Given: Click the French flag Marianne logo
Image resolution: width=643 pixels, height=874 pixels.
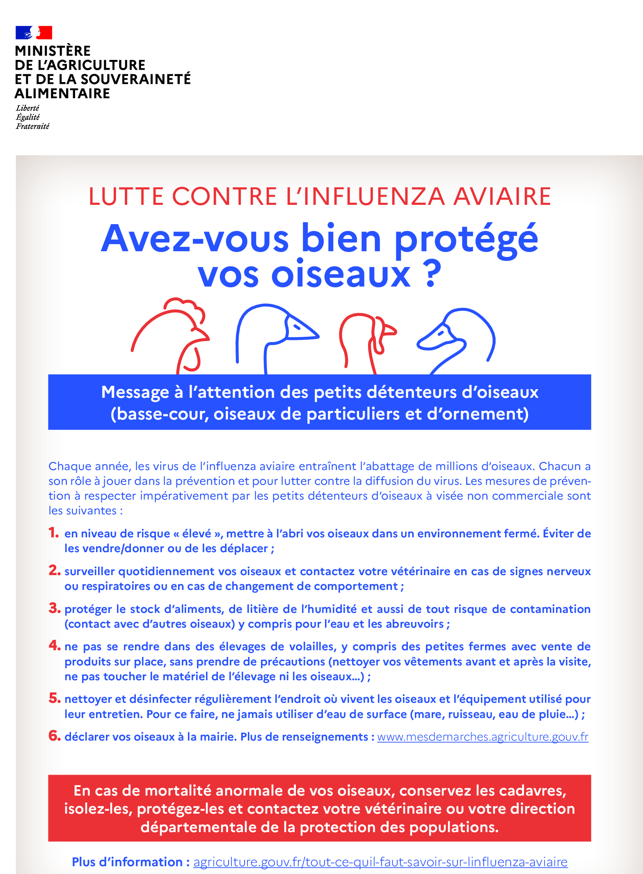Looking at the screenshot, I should [x=34, y=32].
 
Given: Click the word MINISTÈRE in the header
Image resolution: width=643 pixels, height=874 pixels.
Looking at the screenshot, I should [x=53, y=51].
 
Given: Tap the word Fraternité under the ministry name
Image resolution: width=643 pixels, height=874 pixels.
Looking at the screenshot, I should [x=32, y=126].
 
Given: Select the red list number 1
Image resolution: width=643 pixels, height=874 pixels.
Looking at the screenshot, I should [x=53, y=533].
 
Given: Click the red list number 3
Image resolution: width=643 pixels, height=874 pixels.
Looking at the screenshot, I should [x=54, y=608].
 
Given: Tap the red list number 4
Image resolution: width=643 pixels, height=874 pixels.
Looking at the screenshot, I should [x=54, y=645].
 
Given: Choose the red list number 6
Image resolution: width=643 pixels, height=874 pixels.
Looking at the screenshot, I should [x=54, y=736].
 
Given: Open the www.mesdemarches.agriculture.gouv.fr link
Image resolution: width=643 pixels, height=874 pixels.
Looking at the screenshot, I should [x=483, y=737].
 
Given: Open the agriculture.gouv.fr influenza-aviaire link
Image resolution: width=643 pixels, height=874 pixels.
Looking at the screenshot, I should [x=380, y=862].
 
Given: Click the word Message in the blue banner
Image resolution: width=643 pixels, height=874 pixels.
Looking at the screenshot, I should [x=135, y=392].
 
